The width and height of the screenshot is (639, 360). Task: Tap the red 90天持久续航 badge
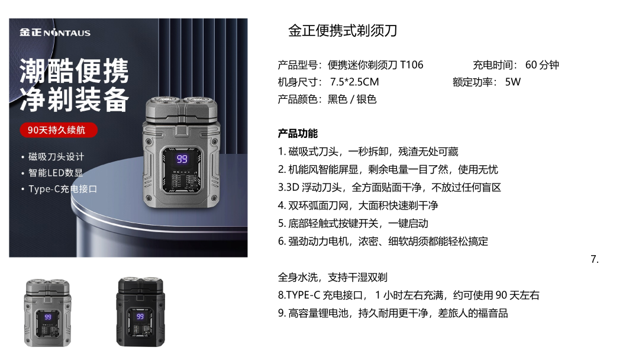(58, 130)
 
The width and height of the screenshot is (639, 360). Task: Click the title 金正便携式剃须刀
(343, 31)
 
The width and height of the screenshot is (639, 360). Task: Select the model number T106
(412, 65)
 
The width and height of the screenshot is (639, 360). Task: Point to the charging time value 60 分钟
(542, 65)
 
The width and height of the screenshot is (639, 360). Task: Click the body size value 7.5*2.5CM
(354, 82)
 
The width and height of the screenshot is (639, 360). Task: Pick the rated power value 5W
(512, 82)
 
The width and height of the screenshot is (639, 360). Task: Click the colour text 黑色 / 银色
(352, 99)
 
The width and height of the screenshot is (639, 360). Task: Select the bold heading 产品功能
(298, 133)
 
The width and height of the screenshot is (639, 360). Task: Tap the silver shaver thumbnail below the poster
(48, 313)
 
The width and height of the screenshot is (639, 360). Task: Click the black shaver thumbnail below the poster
(141, 312)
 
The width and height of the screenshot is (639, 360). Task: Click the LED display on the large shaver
(182, 159)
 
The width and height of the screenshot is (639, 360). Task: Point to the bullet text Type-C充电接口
(63, 189)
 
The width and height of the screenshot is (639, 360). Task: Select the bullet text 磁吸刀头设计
(56, 156)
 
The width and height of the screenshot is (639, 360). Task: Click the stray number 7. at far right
(595, 259)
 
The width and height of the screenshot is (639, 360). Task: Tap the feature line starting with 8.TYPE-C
(409, 295)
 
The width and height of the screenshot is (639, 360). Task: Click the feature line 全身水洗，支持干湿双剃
(333, 277)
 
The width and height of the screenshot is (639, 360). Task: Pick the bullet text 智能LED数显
(56, 173)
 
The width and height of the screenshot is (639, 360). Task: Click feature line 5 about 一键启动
(353, 223)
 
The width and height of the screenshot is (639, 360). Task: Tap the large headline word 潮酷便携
(74, 71)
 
